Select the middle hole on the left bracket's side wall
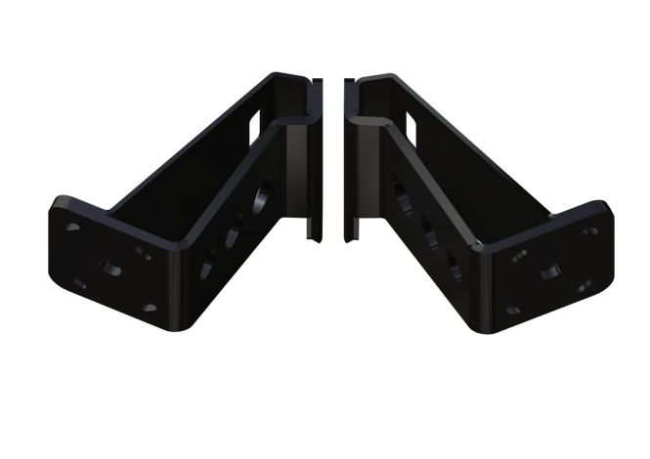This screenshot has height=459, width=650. pos(235,235)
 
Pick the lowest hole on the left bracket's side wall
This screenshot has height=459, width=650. pos(209,265)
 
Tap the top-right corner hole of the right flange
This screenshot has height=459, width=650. pos(590,230)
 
